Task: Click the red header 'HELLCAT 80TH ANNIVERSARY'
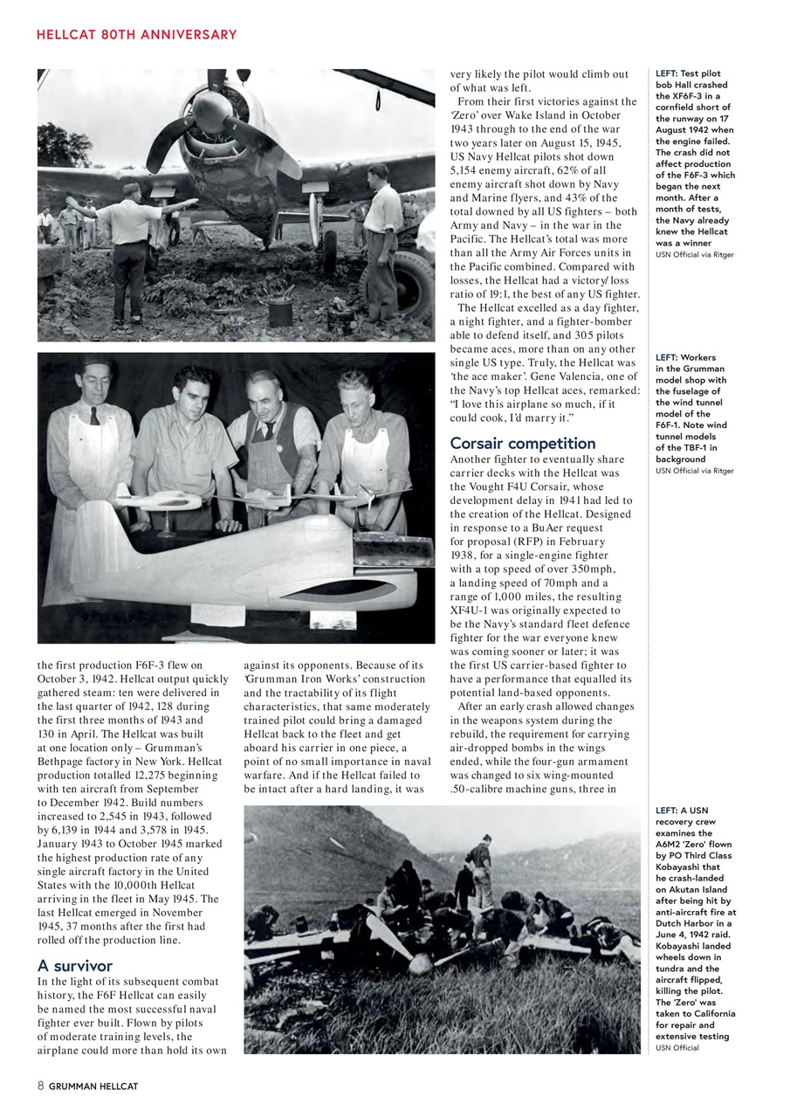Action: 136,35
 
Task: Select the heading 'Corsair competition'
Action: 522,443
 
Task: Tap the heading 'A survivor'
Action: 75,965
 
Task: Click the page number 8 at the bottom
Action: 40,1086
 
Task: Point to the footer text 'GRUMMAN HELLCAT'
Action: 93,1087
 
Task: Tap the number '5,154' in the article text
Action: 471,171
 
